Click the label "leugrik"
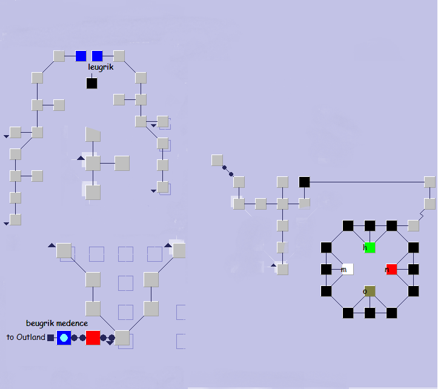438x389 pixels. (x=101, y=67)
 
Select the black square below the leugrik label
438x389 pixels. (x=91, y=83)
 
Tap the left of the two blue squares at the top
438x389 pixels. (x=81, y=56)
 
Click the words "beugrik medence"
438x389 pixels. (x=57, y=324)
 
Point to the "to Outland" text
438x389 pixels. (x=26, y=337)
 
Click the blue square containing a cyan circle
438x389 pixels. (x=64, y=337)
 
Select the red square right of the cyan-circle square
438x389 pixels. (x=93, y=337)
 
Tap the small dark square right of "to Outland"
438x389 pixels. (x=51, y=337)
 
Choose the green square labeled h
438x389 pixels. (x=370, y=247)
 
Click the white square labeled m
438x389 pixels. (x=348, y=269)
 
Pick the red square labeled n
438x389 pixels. (x=391, y=269)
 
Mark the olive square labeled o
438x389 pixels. (x=370, y=291)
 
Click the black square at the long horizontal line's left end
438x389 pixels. (x=304, y=182)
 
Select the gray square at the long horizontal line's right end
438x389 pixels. (x=430, y=182)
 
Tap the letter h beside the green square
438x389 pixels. (x=365, y=247)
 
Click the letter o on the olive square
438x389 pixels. (x=365, y=291)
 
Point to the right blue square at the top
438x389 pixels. (x=98, y=56)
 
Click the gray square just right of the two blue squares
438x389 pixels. (x=119, y=56)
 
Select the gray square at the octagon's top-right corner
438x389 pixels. (x=413, y=225)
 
